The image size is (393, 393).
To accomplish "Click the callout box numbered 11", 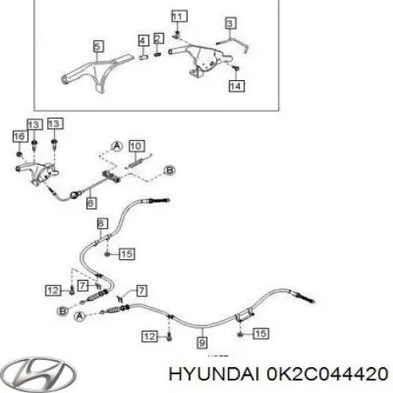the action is (179, 17).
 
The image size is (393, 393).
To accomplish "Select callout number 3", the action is (230, 23).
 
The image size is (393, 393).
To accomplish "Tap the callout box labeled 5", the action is (98, 46).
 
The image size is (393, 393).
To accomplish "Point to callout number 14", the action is (237, 86).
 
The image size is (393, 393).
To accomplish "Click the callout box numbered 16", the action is (20, 137).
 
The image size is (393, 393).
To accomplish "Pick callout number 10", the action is (137, 145).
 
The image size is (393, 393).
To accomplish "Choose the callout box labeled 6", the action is (91, 203).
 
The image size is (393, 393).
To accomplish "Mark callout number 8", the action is (102, 223).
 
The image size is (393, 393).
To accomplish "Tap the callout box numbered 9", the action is (202, 343).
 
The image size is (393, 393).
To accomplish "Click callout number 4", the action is (143, 41).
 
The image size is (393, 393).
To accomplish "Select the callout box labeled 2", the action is (158, 39).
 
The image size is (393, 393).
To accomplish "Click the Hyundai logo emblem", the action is (39, 374).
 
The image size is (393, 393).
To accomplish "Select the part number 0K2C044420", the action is (327, 373).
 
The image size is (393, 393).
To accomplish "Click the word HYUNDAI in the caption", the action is (214, 373).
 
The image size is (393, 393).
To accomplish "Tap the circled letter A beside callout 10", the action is (117, 146).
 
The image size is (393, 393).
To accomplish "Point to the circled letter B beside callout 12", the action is (62, 311).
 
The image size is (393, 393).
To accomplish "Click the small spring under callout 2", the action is (157, 54).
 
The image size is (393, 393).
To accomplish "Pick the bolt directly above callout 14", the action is (236, 68).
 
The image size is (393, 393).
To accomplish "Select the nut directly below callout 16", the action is (19, 153).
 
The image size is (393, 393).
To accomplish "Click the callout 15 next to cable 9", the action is (261, 333).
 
